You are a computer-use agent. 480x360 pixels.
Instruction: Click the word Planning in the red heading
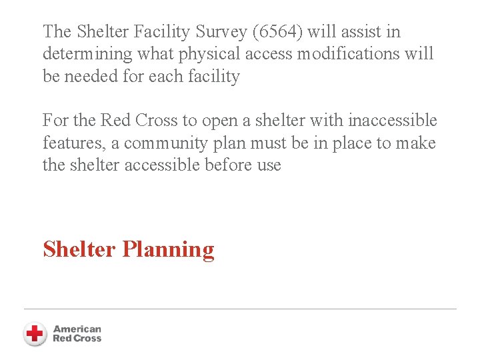(x=169, y=249)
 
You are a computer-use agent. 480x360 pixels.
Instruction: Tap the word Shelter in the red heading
(x=79, y=249)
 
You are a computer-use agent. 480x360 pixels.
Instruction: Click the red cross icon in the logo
(x=35, y=333)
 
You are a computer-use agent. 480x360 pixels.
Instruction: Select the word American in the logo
(x=77, y=329)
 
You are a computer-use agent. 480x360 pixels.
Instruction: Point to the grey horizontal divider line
(x=240, y=309)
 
